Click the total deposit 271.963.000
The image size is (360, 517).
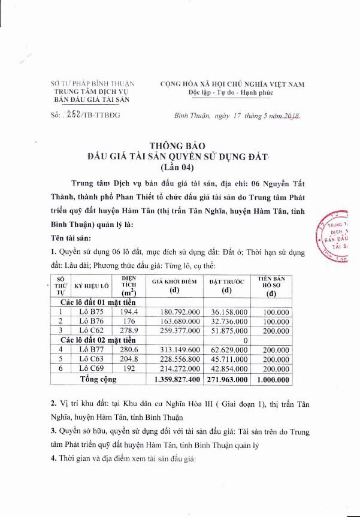click(226, 379)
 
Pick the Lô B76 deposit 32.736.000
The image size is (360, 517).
click(226, 321)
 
